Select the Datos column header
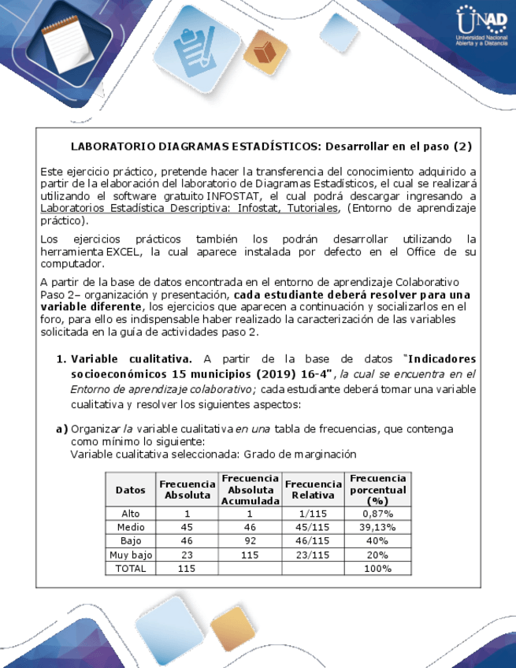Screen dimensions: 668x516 tap(130, 489)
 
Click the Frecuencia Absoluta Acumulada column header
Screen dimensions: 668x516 tap(250, 489)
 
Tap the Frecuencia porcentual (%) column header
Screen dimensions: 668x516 tap(377, 489)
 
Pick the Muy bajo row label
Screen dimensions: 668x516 tap(130, 555)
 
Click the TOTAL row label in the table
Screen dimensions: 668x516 tap(130, 568)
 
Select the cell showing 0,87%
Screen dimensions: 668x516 tap(377, 514)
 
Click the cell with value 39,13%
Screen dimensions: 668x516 tap(377, 527)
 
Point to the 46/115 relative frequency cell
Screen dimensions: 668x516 tap(313, 541)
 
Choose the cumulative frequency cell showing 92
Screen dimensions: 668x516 tap(250, 541)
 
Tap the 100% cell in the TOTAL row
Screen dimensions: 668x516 tap(377, 568)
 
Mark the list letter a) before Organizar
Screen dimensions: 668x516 tap(61, 429)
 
